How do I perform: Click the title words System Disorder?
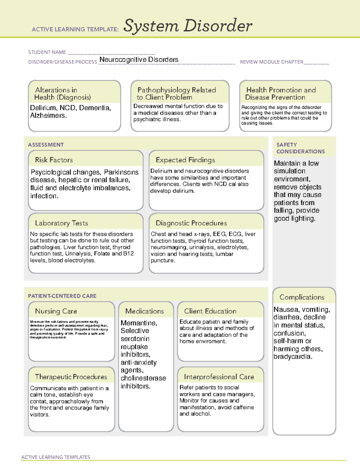[188, 26]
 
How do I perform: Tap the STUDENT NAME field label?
[47, 52]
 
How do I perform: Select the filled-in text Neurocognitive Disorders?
[139, 59]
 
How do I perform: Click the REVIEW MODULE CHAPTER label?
[271, 62]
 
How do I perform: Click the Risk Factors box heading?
[54, 160]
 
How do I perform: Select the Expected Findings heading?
[185, 160]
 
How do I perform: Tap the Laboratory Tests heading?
[61, 223]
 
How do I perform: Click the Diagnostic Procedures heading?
[191, 223]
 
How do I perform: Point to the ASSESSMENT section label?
[46, 145]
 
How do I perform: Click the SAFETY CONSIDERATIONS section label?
[300, 148]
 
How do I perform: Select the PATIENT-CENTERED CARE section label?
[62, 296]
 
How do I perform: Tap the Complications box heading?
[302, 297]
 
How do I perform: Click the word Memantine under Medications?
[138, 323]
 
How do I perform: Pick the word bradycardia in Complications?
[292, 357]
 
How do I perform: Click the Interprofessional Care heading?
[219, 377]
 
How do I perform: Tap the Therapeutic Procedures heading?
[71, 377]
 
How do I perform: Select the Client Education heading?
[210, 311]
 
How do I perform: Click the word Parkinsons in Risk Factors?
[121, 172]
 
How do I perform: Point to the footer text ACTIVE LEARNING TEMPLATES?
[55, 457]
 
